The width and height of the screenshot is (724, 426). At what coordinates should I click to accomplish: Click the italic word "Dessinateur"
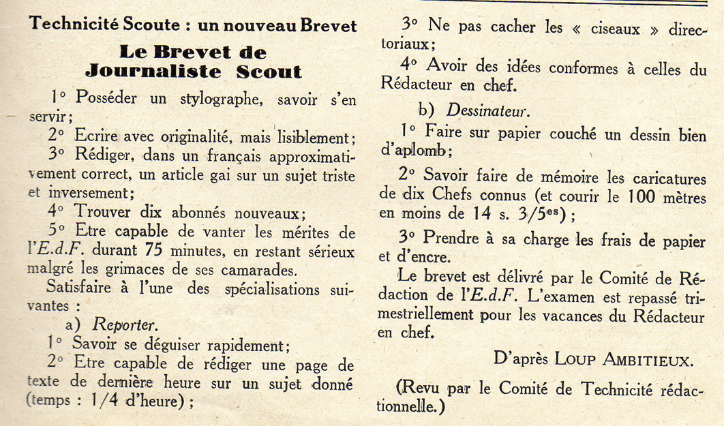487,108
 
